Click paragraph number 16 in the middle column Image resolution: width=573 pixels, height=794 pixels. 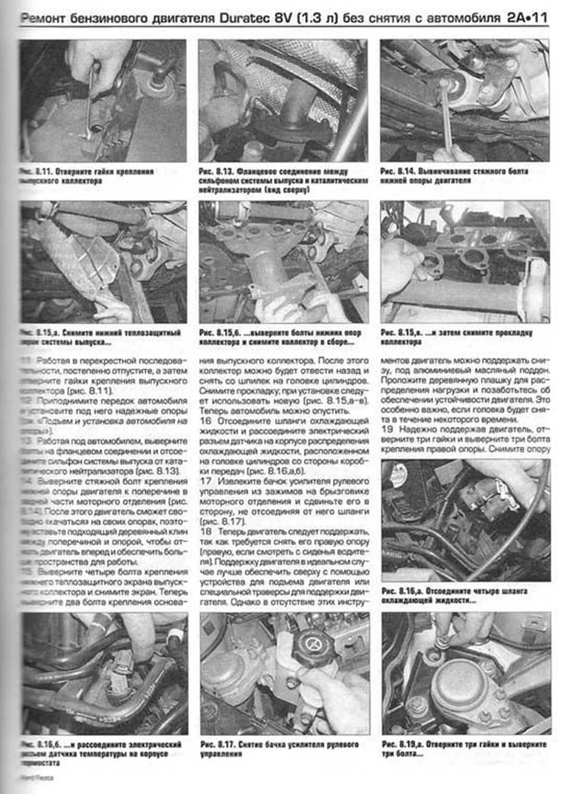pos(206,421)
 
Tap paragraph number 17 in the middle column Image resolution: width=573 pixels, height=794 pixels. pos(206,481)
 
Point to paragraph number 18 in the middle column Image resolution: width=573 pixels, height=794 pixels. pos(206,531)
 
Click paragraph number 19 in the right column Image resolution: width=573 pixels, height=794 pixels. pos(387,429)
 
